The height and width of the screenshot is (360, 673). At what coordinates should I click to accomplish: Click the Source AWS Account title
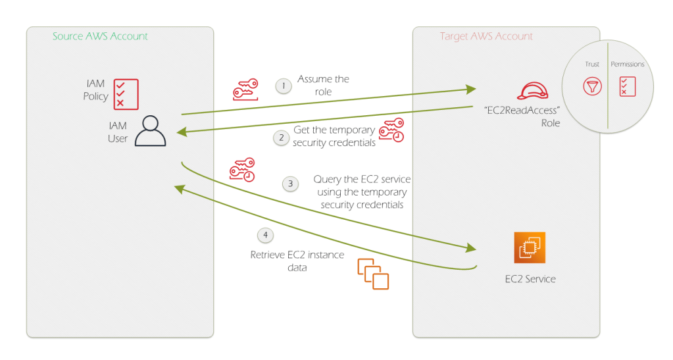coord(100,37)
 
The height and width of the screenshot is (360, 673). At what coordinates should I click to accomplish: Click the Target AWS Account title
coord(486,37)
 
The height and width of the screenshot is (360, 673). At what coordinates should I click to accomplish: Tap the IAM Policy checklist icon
coord(126,93)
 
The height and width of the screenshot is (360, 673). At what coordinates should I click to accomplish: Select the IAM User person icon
coord(150,130)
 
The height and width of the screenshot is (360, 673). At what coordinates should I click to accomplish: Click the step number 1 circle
coord(284,86)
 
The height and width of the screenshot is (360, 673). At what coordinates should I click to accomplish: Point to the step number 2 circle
coord(281,138)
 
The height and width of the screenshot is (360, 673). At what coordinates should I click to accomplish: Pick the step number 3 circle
coord(291,184)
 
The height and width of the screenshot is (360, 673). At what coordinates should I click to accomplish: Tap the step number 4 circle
coord(264,234)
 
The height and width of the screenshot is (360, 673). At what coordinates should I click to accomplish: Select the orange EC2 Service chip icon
coord(530,247)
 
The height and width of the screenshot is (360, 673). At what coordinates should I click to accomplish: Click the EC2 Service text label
coord(530,279)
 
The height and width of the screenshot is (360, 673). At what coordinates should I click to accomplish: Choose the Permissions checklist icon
coord(628,86)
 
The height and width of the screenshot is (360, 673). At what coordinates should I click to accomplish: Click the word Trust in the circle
coord(592,64)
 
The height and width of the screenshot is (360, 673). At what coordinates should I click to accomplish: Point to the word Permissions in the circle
coord(628,64)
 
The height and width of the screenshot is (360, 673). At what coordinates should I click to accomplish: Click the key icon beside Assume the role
coord(245,89)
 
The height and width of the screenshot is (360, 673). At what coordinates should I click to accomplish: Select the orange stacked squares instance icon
coord(373,274)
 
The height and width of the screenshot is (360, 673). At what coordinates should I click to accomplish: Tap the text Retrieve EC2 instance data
coord(297,261)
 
